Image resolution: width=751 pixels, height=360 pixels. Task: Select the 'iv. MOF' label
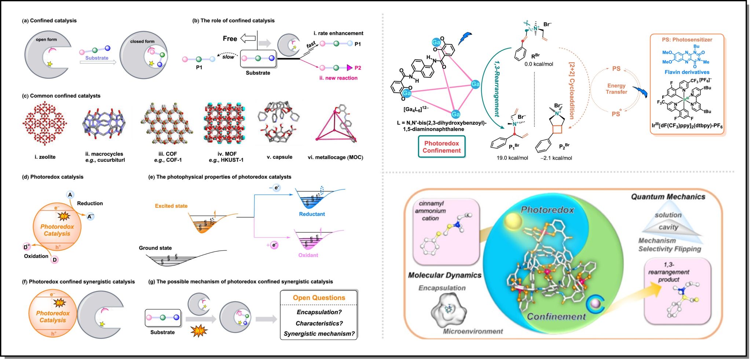(227, 154)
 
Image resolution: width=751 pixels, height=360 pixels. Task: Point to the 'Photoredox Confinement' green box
(442, 147)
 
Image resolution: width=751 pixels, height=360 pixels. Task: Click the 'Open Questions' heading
(319, 298)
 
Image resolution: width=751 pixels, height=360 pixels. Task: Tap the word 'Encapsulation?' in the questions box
(319, 312)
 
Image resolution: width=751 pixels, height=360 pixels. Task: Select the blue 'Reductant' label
(312, 214)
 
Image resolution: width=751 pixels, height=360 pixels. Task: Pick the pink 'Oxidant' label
(308, 255)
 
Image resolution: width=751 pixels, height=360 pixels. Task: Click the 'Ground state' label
(155, 248)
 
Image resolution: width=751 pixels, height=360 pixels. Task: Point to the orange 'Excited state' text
(171, 206)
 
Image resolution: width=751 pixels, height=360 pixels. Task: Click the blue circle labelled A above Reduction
(70, 195)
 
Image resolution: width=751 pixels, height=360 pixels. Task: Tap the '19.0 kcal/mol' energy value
(512, 158)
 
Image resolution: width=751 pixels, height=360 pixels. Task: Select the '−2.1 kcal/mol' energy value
(556, 158)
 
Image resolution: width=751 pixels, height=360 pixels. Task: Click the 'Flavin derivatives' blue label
(687, 72)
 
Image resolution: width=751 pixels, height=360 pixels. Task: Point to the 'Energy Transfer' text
(616, 89)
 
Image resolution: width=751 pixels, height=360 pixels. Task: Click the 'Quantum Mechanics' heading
(668, 197)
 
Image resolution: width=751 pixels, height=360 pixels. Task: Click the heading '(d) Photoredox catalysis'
(53, 177)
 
